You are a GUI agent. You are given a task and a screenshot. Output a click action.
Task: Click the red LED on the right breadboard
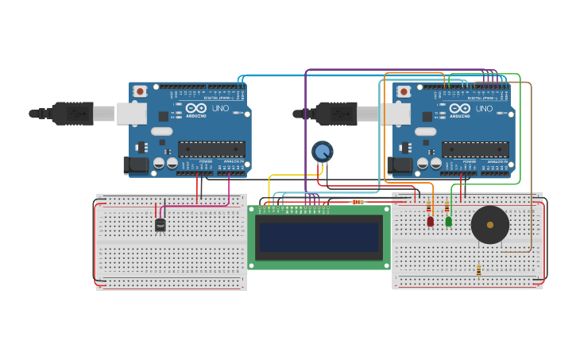431,222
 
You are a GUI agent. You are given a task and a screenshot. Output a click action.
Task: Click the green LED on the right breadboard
449,222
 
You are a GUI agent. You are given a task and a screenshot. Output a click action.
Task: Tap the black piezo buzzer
489,225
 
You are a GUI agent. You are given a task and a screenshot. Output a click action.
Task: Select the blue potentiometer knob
322,151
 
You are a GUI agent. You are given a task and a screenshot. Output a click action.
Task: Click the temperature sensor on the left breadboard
160,226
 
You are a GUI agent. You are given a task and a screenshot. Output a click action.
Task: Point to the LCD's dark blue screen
318,237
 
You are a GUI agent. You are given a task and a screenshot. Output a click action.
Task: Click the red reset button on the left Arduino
140,91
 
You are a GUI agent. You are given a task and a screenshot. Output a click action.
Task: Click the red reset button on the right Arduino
404,91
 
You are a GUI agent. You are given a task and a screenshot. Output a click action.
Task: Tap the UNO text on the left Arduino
220,108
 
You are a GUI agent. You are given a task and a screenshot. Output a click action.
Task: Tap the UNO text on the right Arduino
484,108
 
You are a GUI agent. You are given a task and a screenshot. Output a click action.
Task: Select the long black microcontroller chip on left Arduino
211,149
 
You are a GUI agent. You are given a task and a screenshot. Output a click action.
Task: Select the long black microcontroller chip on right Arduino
475,149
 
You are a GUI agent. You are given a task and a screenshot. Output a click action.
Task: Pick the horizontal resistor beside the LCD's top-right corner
358,202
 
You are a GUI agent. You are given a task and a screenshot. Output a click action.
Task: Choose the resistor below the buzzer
478,270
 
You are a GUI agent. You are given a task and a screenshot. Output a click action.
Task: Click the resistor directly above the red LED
429,207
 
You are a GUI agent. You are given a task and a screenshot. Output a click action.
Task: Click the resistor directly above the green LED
447,207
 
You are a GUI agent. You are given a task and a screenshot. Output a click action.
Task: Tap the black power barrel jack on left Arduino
136,165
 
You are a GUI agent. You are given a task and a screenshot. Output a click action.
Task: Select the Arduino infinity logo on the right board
460,108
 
